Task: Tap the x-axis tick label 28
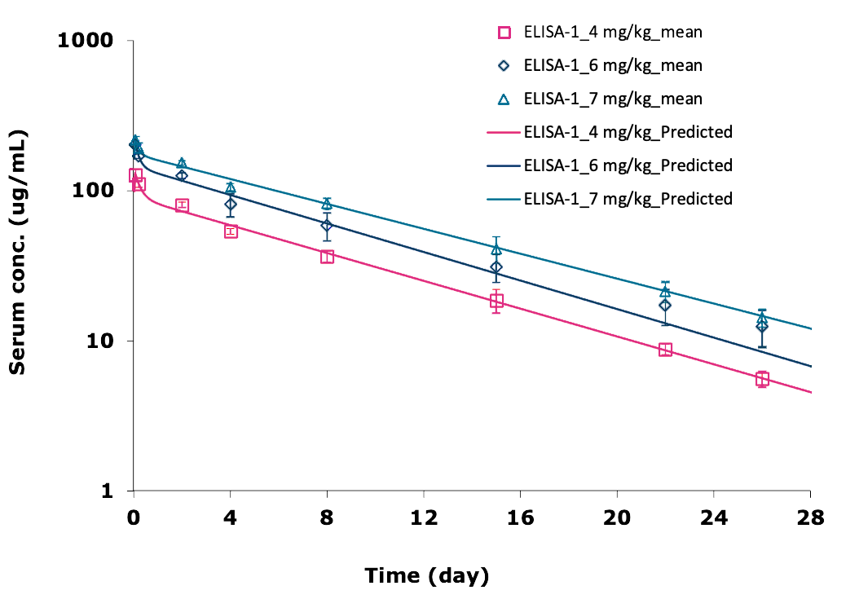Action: click(x=810, y=518)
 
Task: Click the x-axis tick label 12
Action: click(x=424, y=518)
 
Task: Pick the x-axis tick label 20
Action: click(x=617, y=518)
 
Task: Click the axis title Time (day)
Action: click(x=427, y=575)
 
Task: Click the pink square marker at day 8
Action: click(x=327, y=257)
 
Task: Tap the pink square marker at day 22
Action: click(x=665, y=350)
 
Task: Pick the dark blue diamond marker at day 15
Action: click(x=496, y=267)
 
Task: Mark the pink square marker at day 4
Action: click(x=231, y=231)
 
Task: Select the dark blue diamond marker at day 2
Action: click(x=182, y=175)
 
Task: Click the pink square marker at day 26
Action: click(x=762, y=379)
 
